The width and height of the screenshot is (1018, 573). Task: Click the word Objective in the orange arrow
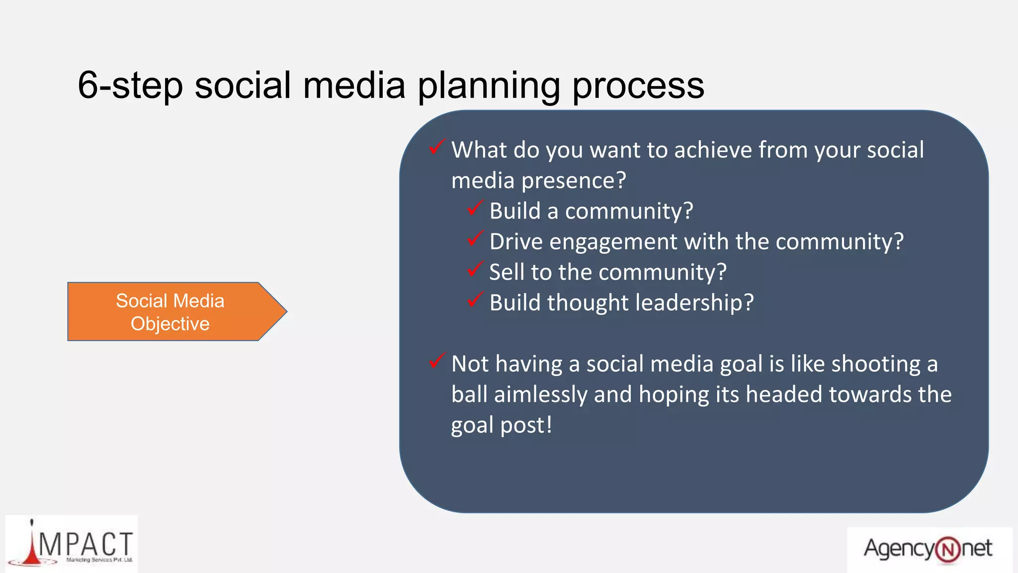pyautogui.click(x=170, y=324)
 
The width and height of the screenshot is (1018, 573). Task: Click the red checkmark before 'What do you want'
pyautogui.click(x=436, y=147)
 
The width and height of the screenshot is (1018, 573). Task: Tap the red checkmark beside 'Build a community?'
pyautogui.click(x=475, y=208)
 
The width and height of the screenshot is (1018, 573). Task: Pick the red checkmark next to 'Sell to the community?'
pyautogui.click(x=475, y=269)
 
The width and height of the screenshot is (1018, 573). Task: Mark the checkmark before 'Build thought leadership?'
pyautogui.click(x=475, y=299)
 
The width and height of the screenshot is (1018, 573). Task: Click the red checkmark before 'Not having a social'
pyautogui.click(x=436, y=361)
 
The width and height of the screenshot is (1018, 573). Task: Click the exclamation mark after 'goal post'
pyautogui.click(x=549, y=424)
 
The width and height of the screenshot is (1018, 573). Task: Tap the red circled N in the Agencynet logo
pyautogui.click(x=947, y=550)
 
